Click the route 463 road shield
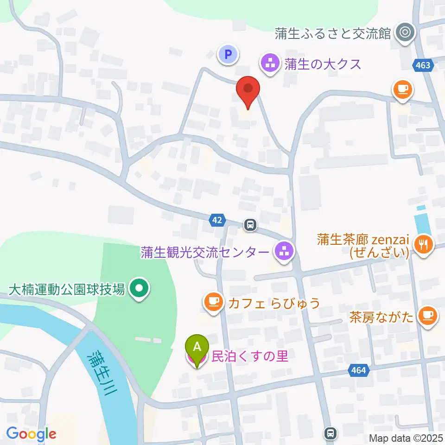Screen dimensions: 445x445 tap(423, 65)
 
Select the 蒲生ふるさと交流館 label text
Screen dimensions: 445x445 tap(333, 33)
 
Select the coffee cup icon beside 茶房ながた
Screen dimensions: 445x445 tap(426, 316)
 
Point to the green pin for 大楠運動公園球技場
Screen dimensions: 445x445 tap(139, 289)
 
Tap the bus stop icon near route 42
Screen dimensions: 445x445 tap(250, 225)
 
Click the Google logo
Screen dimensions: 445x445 tap(31, 434)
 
